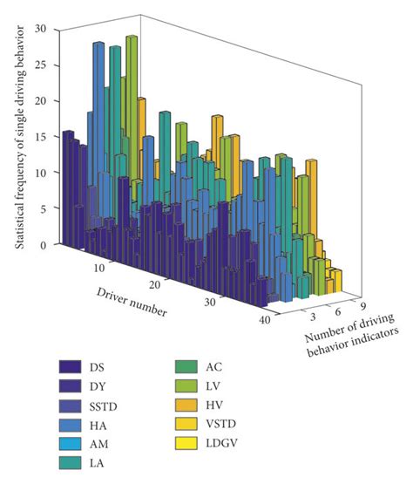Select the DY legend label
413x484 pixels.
[x=121, y=388]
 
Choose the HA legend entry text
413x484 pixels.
[x=121, y=431]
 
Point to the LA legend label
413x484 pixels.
[x=120, y=474]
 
